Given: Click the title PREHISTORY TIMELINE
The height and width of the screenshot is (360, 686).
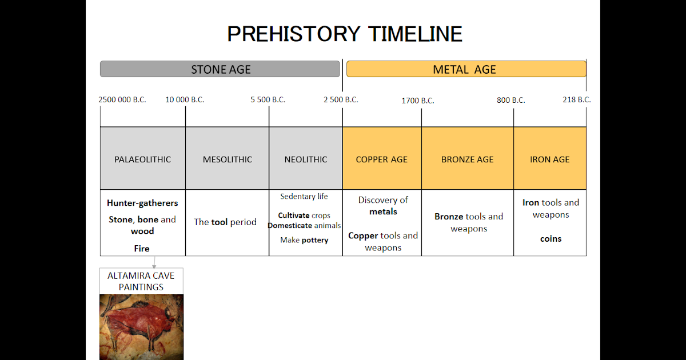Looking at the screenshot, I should tap(344, 34).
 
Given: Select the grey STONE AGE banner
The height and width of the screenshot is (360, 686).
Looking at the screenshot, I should tap(220, 69).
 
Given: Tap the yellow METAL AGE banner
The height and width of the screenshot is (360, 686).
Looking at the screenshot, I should tap(466, 69).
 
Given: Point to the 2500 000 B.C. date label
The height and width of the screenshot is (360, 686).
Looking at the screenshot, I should tap(122, 99).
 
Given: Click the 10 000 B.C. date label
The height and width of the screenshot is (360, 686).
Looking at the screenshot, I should tap(185, 99).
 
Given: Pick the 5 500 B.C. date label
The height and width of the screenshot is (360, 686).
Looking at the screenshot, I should tap(268, 99).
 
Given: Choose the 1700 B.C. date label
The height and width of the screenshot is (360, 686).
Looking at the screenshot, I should tap(417, 101).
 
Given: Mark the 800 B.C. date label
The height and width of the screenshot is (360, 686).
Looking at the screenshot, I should tap(510, 100).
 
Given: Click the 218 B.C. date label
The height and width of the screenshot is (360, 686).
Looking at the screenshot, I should tap(576, 99).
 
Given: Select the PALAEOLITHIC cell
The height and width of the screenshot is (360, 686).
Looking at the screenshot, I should tap(142, 159).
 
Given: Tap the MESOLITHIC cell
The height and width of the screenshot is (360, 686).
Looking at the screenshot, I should tap(227, 159).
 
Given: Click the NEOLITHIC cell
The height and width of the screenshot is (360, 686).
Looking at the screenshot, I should tap(306, 159).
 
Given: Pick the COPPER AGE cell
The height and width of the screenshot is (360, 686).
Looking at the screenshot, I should tap(381, 159).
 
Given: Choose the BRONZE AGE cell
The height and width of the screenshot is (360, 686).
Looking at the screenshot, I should tap(467, 159).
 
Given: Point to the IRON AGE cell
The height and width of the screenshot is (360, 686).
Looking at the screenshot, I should tap(549, 159).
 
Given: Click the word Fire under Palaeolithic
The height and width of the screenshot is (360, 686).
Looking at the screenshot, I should tap(142, 249).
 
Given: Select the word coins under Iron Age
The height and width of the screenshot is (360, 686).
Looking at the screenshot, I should tap(551, 239).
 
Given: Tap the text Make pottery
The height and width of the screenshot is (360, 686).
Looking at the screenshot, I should tap(304, 240).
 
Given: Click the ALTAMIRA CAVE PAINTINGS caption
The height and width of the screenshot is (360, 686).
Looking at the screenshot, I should tap(141, 281).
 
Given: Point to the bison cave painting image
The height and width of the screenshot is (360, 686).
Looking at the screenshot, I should tap(141, 326).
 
